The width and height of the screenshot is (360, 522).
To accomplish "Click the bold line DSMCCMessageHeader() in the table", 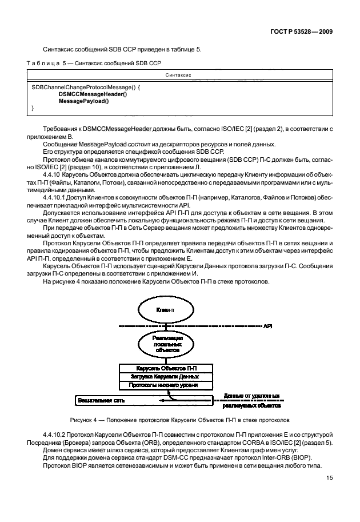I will pyautogui.click(x=93, y=94).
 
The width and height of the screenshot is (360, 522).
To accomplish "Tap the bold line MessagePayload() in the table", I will pyautogui.click(x=83, y=101).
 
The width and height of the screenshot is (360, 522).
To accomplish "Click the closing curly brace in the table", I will pyautogui.click(x=33, y=107).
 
